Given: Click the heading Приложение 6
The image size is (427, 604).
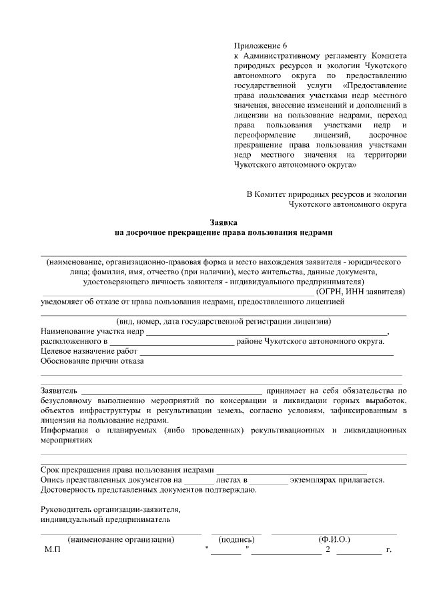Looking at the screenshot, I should (257, 45).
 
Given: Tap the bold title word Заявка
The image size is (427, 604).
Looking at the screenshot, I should (224, 222).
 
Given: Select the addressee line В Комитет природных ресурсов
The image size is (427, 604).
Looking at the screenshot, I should (326, 194).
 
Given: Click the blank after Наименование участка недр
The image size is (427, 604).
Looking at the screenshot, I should (266, 332).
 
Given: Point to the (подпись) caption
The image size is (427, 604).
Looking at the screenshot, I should (236, 539).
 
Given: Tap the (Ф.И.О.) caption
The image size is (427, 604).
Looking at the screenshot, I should (334, 539).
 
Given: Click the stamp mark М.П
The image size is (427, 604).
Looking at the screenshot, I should (53, 551).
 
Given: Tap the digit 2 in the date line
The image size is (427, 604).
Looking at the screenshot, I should (328, 551).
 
